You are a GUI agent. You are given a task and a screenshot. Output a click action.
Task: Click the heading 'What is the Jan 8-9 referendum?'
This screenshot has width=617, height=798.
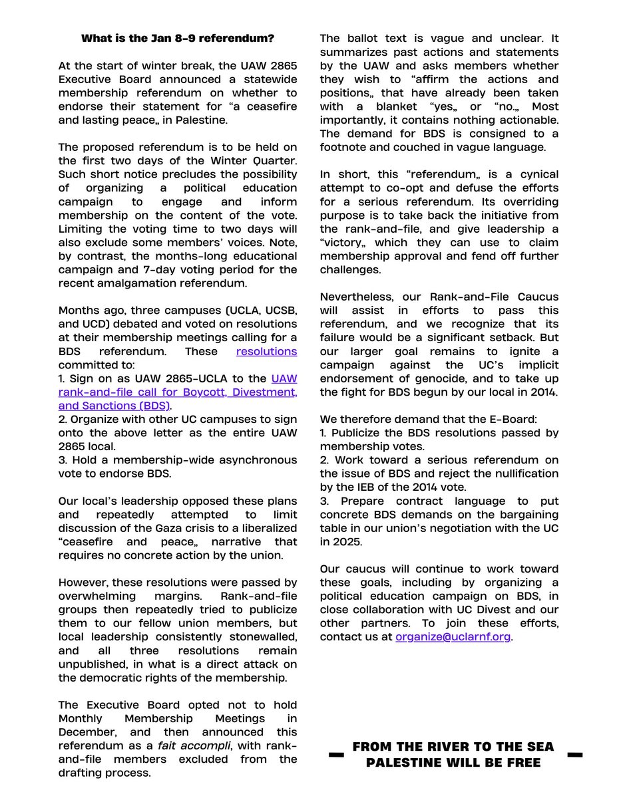pos(178,39)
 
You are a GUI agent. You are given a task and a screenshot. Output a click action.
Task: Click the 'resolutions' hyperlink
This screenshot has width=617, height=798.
pos(267,352)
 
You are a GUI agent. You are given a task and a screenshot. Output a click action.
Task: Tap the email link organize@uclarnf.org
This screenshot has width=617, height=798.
pos(453,636)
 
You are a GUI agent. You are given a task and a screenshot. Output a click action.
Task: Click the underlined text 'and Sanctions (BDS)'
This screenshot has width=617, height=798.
pos(114,405)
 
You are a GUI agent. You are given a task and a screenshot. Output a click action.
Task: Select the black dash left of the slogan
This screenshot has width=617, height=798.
pos(337,755)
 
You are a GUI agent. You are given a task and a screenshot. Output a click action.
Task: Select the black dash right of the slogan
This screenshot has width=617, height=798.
pos(574,755)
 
